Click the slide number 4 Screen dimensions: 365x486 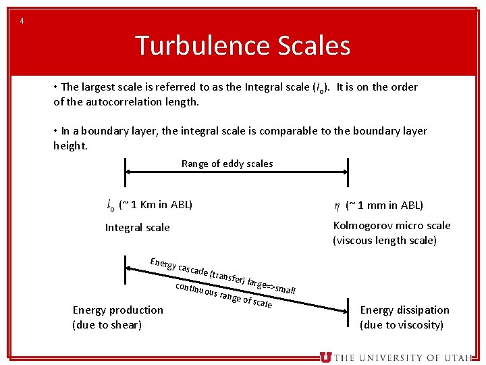click(22, 21)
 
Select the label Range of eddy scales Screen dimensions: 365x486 click(227, 164)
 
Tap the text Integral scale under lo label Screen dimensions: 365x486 click(137, 228)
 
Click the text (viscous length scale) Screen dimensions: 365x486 click(385, 241)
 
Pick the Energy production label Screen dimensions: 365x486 click(117, 310)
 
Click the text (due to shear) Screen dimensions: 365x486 click(107, 324)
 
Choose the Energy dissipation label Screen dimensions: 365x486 click(404, 310)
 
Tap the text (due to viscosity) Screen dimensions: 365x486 click(402, 324)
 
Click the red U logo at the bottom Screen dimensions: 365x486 click(326, 358)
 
